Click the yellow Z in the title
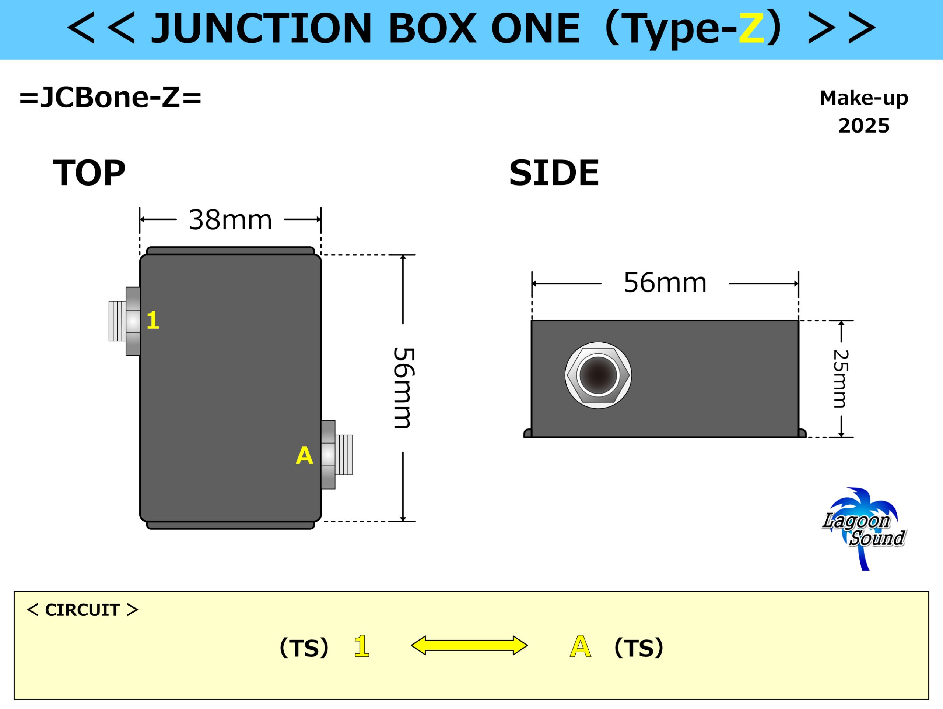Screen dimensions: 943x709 751,28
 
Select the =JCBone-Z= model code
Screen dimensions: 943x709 111,97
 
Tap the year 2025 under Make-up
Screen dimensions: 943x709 864,126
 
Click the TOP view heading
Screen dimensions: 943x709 89,173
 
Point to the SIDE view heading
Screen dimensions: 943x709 554,173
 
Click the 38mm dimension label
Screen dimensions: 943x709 230,220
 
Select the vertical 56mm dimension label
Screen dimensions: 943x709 403,388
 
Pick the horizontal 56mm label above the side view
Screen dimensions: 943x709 665,282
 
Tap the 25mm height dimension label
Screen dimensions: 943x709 841,379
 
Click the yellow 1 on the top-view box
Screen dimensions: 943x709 153,320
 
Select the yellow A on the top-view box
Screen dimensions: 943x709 304,455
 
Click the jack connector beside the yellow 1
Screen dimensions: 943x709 125,321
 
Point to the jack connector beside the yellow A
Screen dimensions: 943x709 337,455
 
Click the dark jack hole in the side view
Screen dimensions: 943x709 598,375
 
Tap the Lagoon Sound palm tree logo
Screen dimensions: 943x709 864,529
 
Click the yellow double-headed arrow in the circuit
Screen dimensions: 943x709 469,646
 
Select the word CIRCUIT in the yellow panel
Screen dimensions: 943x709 82,610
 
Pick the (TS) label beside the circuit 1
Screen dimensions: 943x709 304,648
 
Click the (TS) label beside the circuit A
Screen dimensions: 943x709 639,648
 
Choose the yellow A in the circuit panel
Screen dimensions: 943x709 581,646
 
